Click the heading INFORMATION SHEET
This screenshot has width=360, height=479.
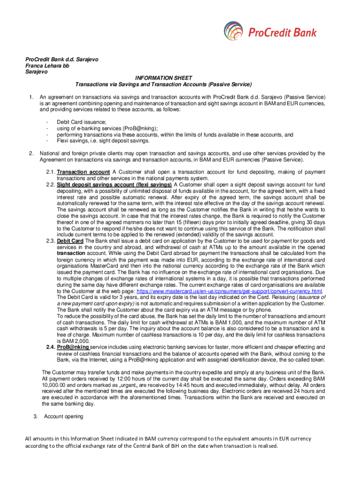[x=163, y=78]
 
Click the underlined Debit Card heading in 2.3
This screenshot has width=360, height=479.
[x=71, y=240]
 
